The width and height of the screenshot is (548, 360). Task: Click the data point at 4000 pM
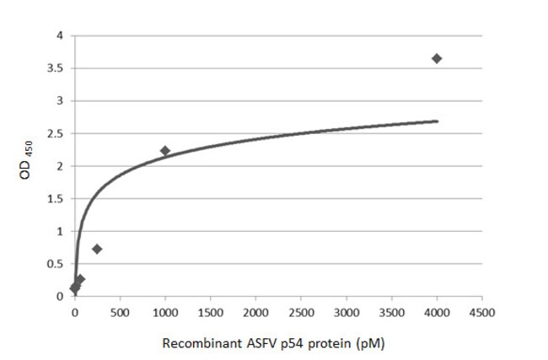(x=437, y=58)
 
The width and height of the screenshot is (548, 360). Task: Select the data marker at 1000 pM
(x=165, y=151)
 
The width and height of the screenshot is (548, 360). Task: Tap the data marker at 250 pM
(x=97, y=249)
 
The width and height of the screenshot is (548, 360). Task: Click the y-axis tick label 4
(x=59, y=35)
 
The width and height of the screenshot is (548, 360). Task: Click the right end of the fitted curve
(x=437, y=121)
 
